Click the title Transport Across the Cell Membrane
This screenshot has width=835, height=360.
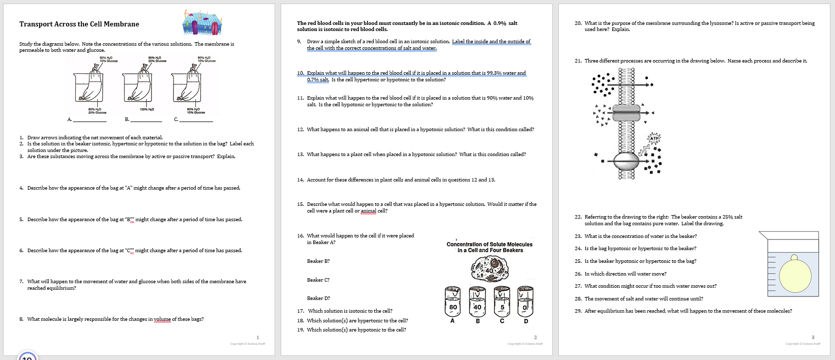tap(79, 24)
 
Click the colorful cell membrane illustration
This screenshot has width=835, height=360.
tap(202, 23)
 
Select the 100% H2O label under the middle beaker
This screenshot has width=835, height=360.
tap(147, 109)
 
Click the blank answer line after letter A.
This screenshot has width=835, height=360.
tap(90, 121)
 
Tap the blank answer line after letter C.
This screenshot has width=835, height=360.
tap(196, 121)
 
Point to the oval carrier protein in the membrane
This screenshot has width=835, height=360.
tap(626, 161)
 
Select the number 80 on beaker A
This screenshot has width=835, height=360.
tap(453, 307)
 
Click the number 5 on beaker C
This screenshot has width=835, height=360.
tap(502, 307)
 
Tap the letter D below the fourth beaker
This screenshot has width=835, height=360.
tap(526, 321)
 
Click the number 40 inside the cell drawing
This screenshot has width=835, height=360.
tap(490, 271)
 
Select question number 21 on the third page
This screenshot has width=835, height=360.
tap(578, 61)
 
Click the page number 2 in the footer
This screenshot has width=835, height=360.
tap(535, 337)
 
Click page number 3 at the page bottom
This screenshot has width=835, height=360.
tap(813, 337)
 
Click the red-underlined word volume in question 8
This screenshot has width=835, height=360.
tap(162, 319)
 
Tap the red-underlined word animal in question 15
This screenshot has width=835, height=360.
tap(368, 211)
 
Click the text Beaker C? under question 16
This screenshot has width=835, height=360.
tap(318, 280)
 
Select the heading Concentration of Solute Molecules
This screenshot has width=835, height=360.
tap(489, 244)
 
